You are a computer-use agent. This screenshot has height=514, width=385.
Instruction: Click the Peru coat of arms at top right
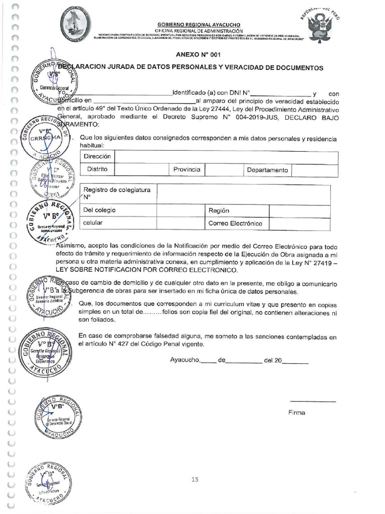321,25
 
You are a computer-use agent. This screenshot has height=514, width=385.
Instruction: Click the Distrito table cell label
97,170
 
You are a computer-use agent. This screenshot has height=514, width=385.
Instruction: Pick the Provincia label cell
186,170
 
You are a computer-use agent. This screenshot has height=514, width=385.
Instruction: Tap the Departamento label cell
267,170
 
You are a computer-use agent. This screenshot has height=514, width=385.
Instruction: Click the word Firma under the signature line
296,413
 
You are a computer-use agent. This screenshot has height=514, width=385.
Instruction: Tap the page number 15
196,479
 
